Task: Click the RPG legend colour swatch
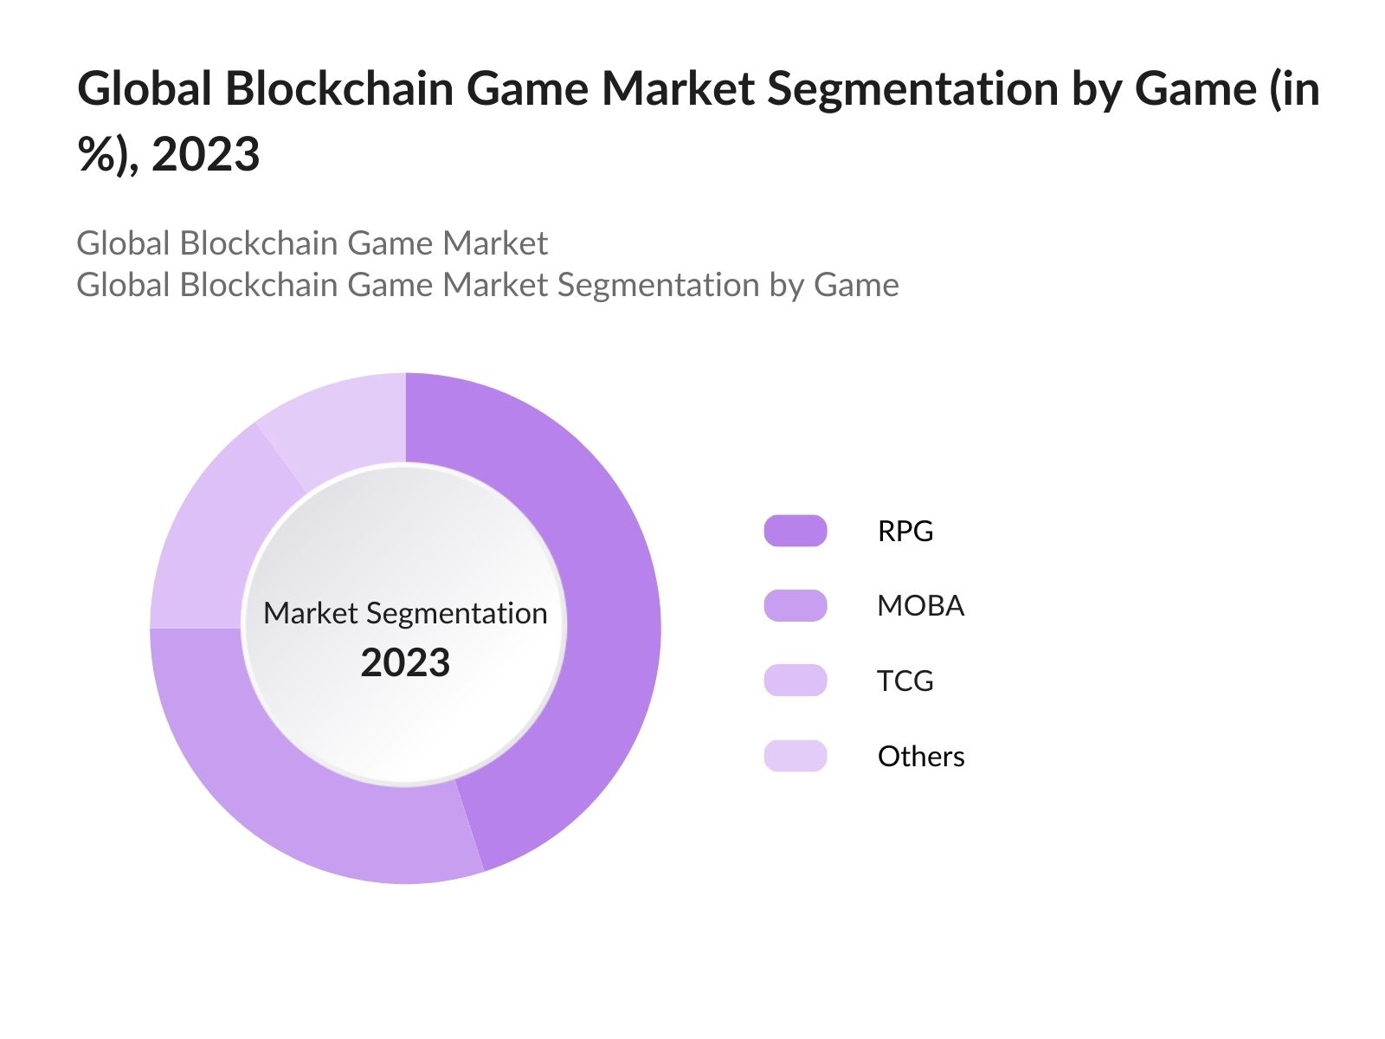pyautogui.click(x=795, y=531)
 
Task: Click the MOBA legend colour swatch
pyautogui.click(x=795, y=605)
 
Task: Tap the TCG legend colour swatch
pyautogui.click(x=795, y=681)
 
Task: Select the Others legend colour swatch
pyautogui.click(x=795, y=756)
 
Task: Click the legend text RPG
pyautogui.click(x=905, y=531)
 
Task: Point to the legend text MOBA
pyautogui.click(x=919, y=605)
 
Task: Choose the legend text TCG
pyautogui.click(x=905, y=681)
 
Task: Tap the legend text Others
pyautogui.click(x=920, y=756)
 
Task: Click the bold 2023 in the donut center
pyautogui.click(x=405, y=663)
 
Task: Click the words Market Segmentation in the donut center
pyautogui.click(x=405, y=613)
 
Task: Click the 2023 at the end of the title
pyautogui.click(x=205, y=155)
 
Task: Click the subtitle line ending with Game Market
pyautogui.click(x=312, y=243)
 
